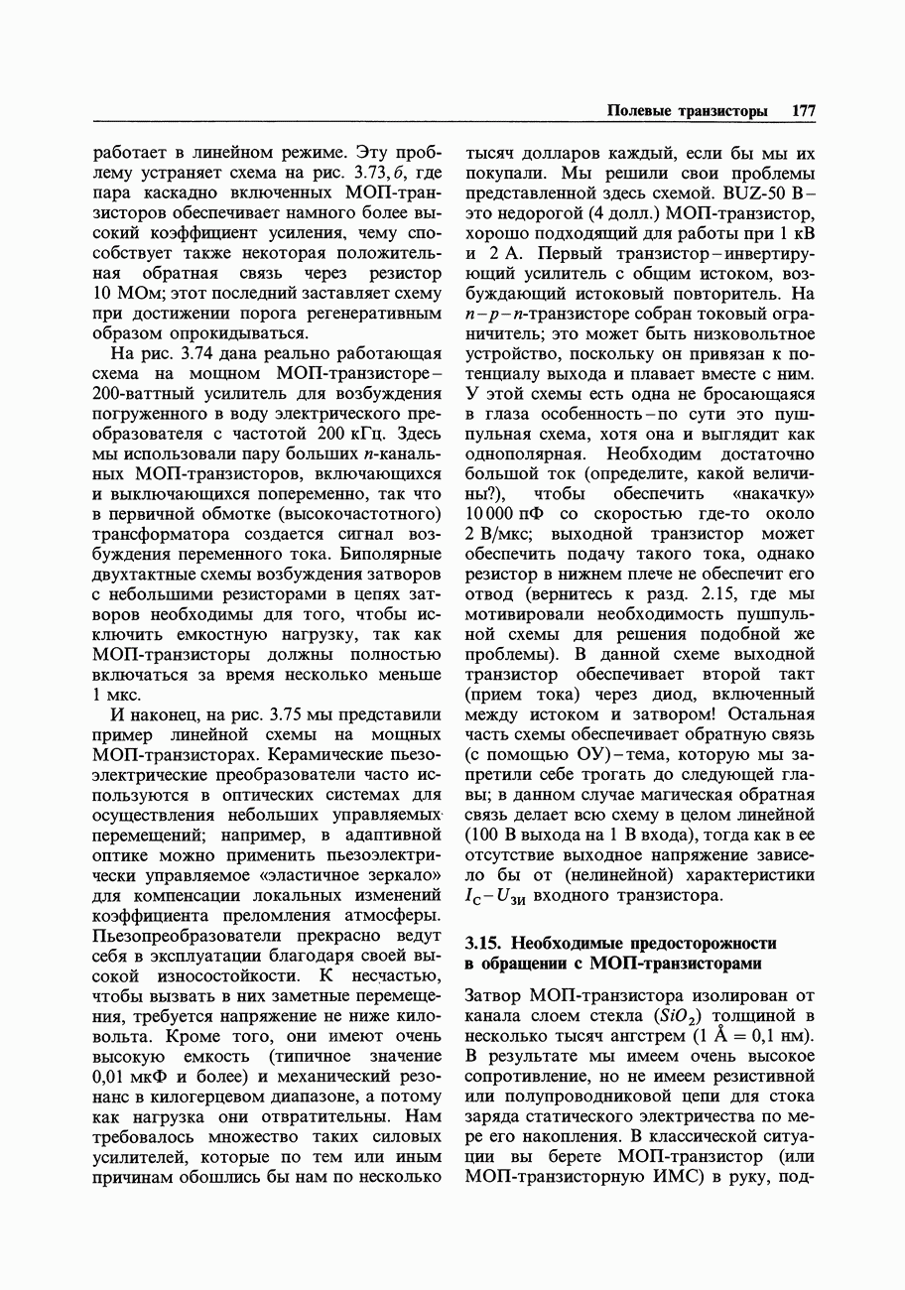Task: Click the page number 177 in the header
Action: tap(803, 112)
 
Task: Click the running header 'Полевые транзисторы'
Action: tap(687, 112)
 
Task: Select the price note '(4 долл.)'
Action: tap(629, 214)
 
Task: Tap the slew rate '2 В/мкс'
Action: tap(501, 534)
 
